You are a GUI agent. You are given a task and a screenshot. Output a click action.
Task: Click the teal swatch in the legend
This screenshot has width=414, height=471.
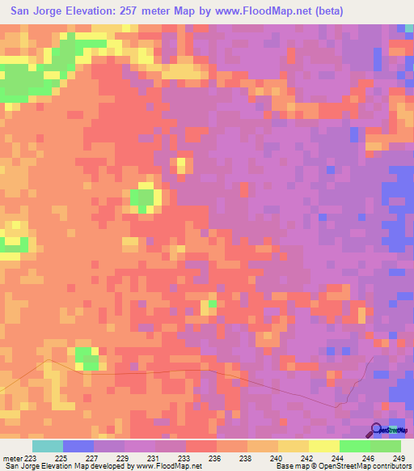point(48,446)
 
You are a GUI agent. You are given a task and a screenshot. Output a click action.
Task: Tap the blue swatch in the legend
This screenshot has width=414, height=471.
point(78,446)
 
